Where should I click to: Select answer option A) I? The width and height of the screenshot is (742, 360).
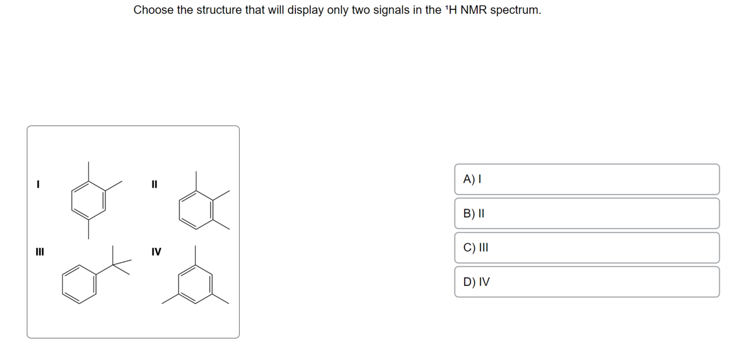pos(586,179)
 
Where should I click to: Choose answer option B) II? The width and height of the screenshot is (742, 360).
pos(586,213)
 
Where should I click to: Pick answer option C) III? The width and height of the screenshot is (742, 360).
pos(586,248)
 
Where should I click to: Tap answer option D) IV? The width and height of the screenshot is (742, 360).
pos(586,282)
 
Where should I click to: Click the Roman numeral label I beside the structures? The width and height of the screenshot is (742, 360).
pos(38,183)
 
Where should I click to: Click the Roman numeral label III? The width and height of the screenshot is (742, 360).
pos(39,251)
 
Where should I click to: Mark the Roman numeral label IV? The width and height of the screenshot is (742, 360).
pos(156,252)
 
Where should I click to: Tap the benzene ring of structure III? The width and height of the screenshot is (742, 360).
pos(80,283)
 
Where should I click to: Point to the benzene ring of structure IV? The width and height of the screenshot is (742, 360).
pos(196,284)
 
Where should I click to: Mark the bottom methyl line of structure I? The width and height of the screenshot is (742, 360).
pos(88,230)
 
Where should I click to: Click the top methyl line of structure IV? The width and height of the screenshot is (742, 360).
pos(196,255)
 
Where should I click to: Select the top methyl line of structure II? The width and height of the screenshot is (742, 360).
pos(196,181)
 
